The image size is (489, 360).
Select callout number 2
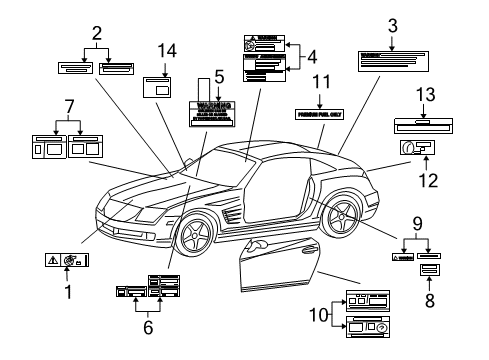[97, 32]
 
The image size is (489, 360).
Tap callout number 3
[392, 24]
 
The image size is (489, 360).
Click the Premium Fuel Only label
[321, 115]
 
